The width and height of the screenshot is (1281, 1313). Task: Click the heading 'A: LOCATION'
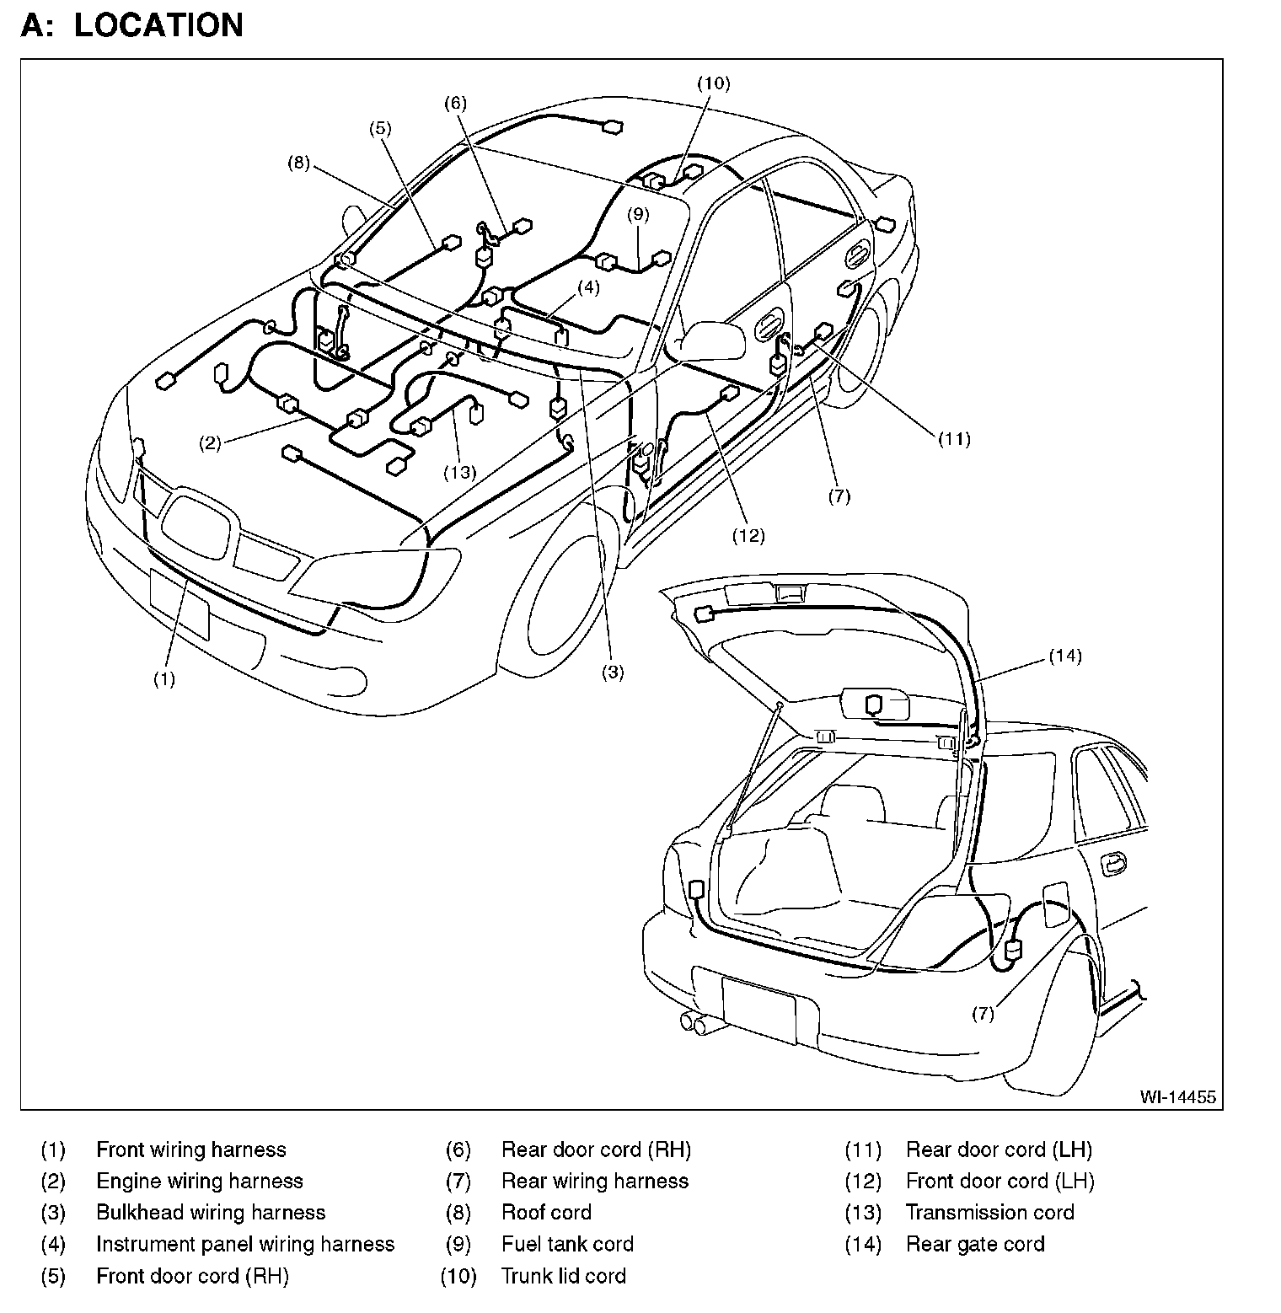pos(132,24)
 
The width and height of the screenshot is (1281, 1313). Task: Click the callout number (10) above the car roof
pos(713,83)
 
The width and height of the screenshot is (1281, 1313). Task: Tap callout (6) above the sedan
pos(454,103)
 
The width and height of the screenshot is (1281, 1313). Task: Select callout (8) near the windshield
pos(298,163)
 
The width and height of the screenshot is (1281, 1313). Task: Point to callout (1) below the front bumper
pos(163,679)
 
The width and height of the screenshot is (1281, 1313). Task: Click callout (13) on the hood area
pos(460,472)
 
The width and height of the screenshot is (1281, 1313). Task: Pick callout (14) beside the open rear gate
pos(1065,656)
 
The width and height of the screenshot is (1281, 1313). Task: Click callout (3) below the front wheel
pos(612,672)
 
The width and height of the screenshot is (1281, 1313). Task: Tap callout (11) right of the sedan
pos(955,438)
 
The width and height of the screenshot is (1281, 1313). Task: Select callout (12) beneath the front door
pos(748,535)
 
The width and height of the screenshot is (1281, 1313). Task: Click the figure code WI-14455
pos(1177,1096)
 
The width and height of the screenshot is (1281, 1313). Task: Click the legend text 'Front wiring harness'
pos(191,1150)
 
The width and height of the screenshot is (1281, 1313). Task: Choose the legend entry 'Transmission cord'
pos(989,1213)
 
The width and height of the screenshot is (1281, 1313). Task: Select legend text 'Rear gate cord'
pos(975,1244)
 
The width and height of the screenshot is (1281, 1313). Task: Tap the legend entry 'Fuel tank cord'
pos(567,1244)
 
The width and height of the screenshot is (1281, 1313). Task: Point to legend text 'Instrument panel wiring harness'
pos(245,1244)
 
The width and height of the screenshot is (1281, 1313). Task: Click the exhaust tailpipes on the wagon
pos(698,1023)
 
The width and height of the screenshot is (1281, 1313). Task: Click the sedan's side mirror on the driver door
pos(712,339)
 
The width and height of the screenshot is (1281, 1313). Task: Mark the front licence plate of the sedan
pos(179,603)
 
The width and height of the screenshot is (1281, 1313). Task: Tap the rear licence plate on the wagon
pos(758,1005)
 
